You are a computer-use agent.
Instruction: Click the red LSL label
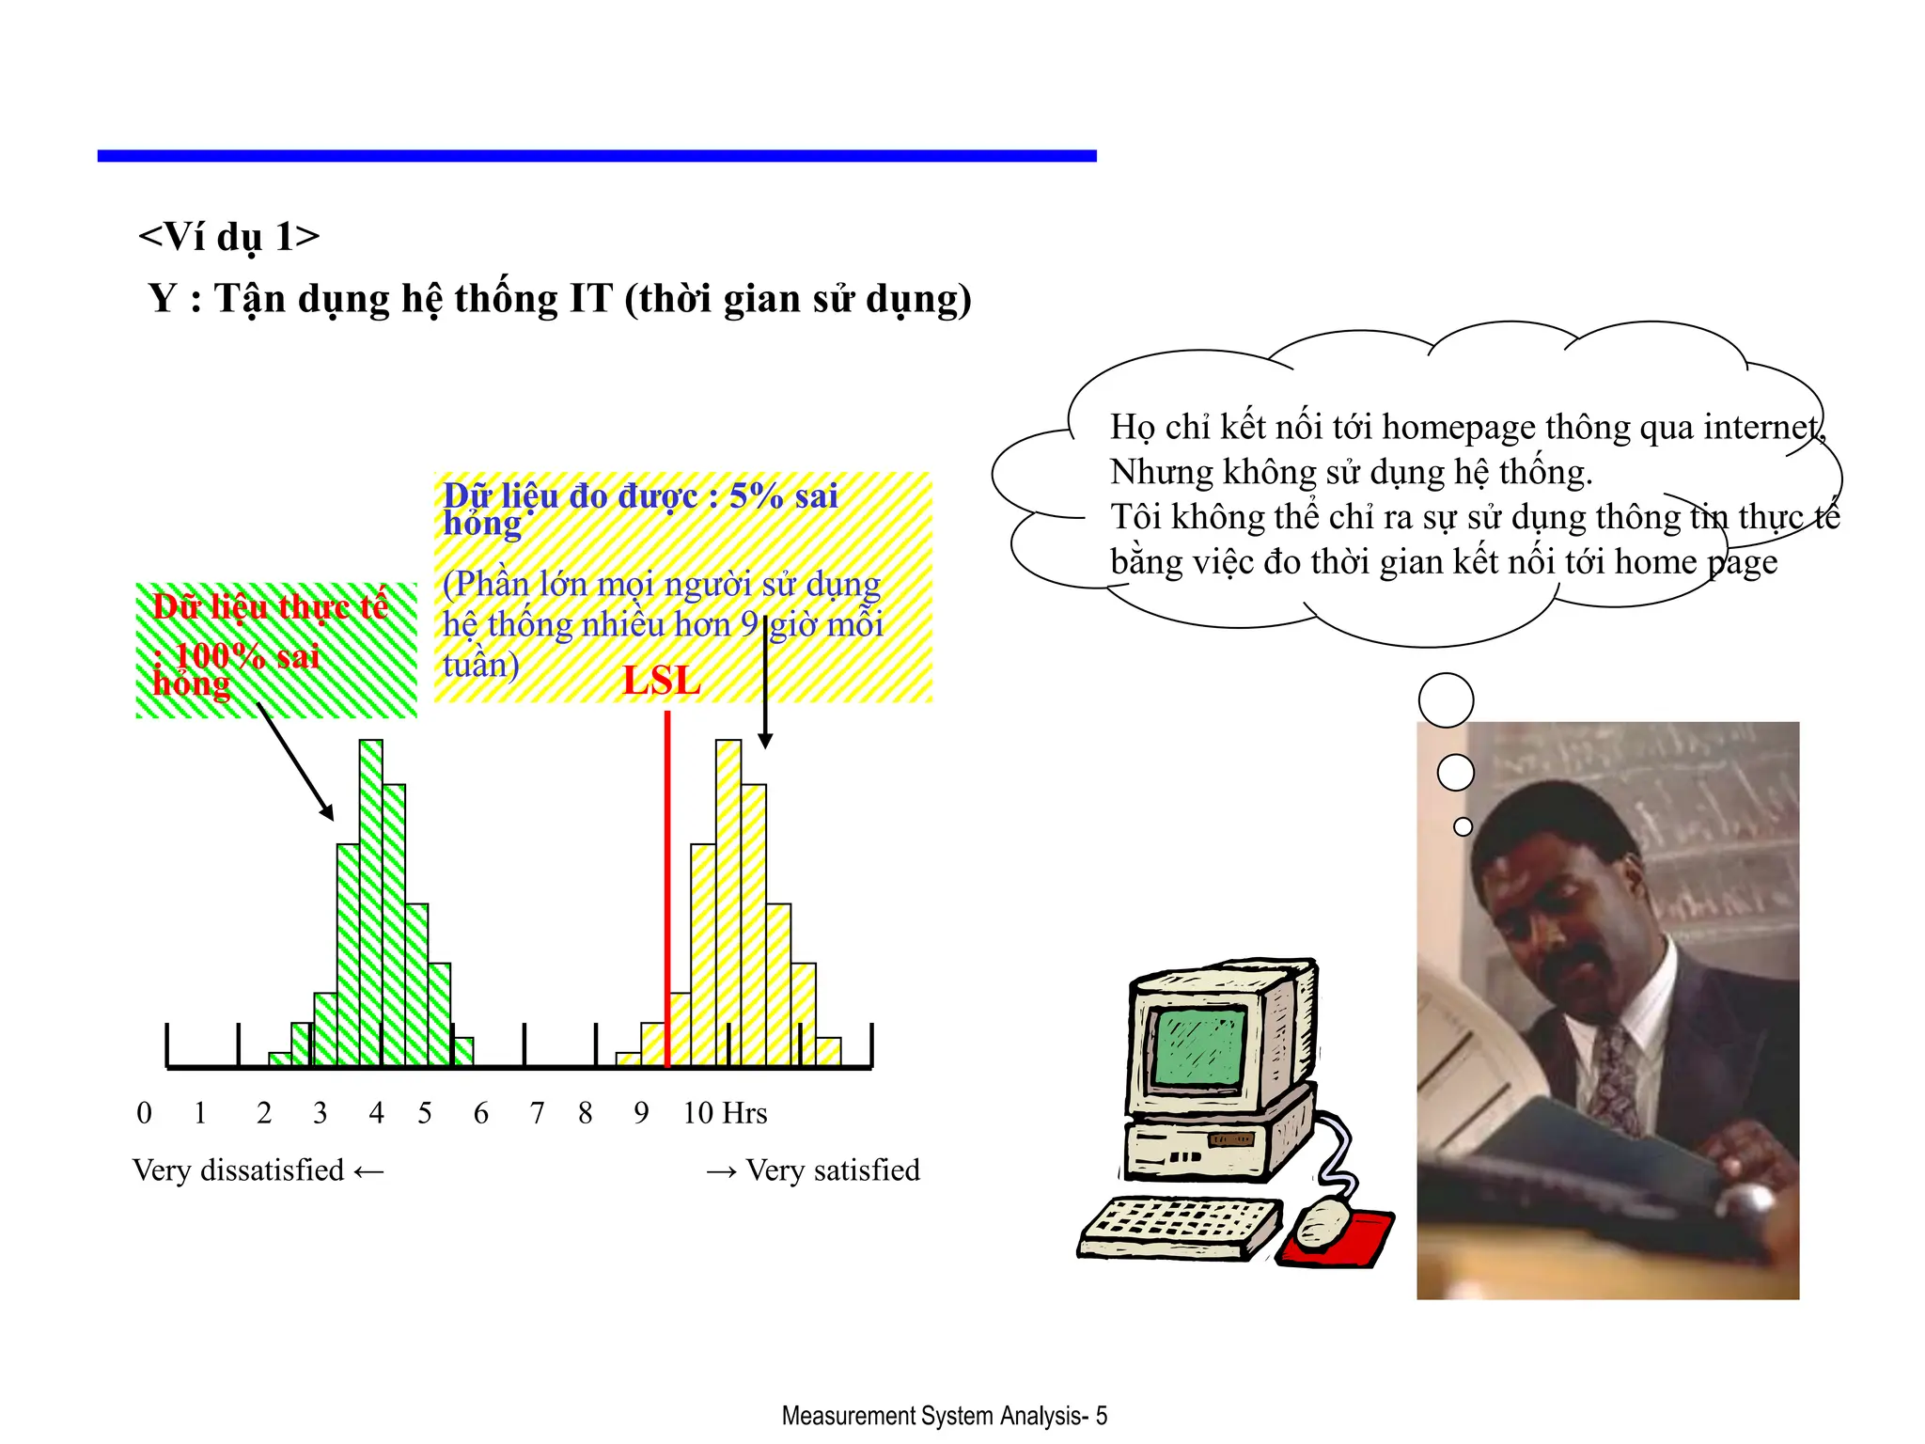(x=662, y=681)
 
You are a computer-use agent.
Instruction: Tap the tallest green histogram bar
(x=371, y=902)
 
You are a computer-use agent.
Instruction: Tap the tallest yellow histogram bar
(x=728, y=902)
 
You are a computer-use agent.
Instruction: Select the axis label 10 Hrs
(x=725, y=1113)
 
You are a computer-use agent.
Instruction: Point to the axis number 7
(x=537, y=1113)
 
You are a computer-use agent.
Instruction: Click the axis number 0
(x=144, y=1113)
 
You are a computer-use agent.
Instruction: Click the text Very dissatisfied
(x=239, y=1170)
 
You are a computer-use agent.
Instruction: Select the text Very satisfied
(x=833, y=1170)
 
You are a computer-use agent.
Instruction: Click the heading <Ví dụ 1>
(x=228, y=237)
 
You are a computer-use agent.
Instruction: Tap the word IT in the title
(x=590, y=299)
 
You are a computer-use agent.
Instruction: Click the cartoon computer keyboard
(x=1180, y=1227)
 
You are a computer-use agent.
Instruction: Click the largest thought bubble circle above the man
(x=1446, y=700)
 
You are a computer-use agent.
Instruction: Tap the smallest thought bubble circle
(x=1463, y=826)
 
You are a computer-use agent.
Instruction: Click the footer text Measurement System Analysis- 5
(x=944, y=1416)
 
